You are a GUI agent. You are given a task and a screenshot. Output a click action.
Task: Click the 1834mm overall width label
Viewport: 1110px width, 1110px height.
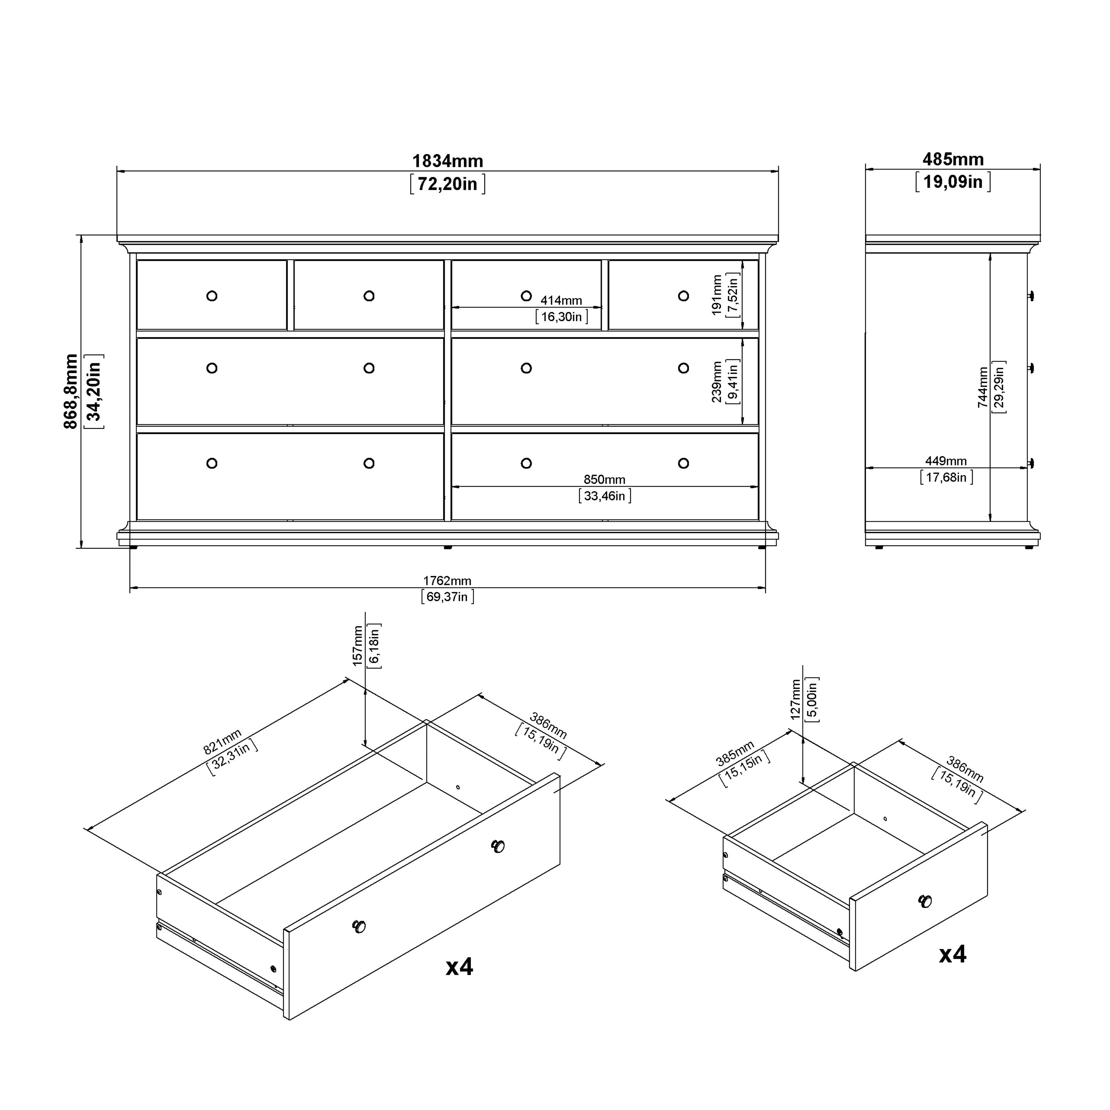(x=448, y=161)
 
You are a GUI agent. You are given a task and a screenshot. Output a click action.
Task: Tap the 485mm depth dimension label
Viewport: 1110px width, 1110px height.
(x=953, y=159)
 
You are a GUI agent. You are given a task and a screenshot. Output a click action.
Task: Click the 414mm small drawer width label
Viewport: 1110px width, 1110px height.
(x=561, y=300)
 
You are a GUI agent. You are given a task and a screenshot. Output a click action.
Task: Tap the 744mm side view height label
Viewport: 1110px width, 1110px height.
(x=983, y=387)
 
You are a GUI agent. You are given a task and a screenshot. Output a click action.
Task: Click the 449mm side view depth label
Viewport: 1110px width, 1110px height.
(x=946, y=461)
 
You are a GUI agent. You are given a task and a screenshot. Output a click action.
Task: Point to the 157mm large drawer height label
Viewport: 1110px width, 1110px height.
(x=358, y=646)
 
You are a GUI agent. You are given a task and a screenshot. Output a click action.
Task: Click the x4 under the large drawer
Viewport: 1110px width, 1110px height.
(x=459, y=967)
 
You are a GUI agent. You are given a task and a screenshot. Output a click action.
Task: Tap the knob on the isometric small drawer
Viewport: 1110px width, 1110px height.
(x=925, y=901)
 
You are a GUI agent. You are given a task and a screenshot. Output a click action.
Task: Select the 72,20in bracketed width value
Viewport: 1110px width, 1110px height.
(x=448, y=184)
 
